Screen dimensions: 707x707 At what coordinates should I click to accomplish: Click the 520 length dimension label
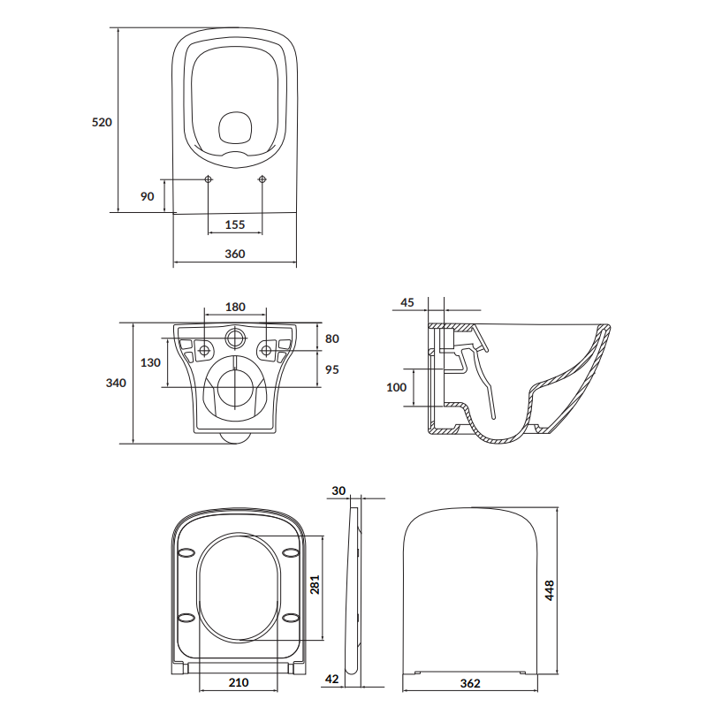click(102, 122)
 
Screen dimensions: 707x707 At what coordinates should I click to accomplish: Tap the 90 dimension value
click(147, 196)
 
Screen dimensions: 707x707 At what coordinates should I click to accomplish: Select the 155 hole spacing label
click(235, 224)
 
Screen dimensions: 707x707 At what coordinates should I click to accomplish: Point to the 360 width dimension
click(235, 254)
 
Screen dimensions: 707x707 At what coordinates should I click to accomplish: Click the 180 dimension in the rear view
click(235, 307)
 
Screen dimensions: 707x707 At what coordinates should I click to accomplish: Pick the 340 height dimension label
click(116, 384)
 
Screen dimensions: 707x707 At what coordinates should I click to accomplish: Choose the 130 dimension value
click(150, 363)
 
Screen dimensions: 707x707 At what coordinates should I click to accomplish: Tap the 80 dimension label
click(332, 338)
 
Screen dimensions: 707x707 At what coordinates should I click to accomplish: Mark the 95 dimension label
click(332, 369)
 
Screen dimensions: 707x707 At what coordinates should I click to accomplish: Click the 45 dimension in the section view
click(407, 302)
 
